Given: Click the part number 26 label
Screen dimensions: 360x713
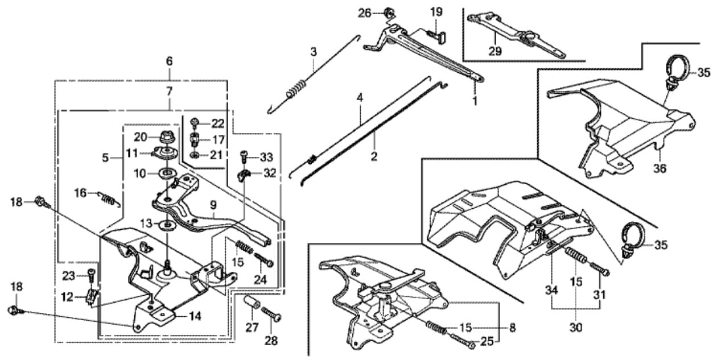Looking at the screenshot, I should point(364,12).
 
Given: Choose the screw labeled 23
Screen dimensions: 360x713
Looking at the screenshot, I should point(90,276).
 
